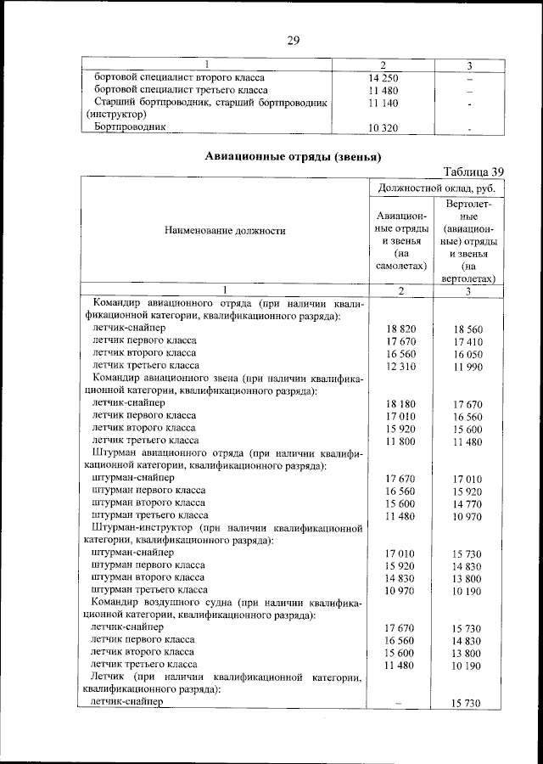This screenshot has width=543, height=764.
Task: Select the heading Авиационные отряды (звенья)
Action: click(294, 156)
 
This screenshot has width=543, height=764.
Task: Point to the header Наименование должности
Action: click(225, 230)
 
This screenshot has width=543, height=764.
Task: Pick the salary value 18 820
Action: click(400, 329)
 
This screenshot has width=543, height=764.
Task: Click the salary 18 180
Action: click(400, 404)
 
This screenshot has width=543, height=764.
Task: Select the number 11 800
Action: click(400, 441)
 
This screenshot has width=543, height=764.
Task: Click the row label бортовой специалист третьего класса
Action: click(181, 89)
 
